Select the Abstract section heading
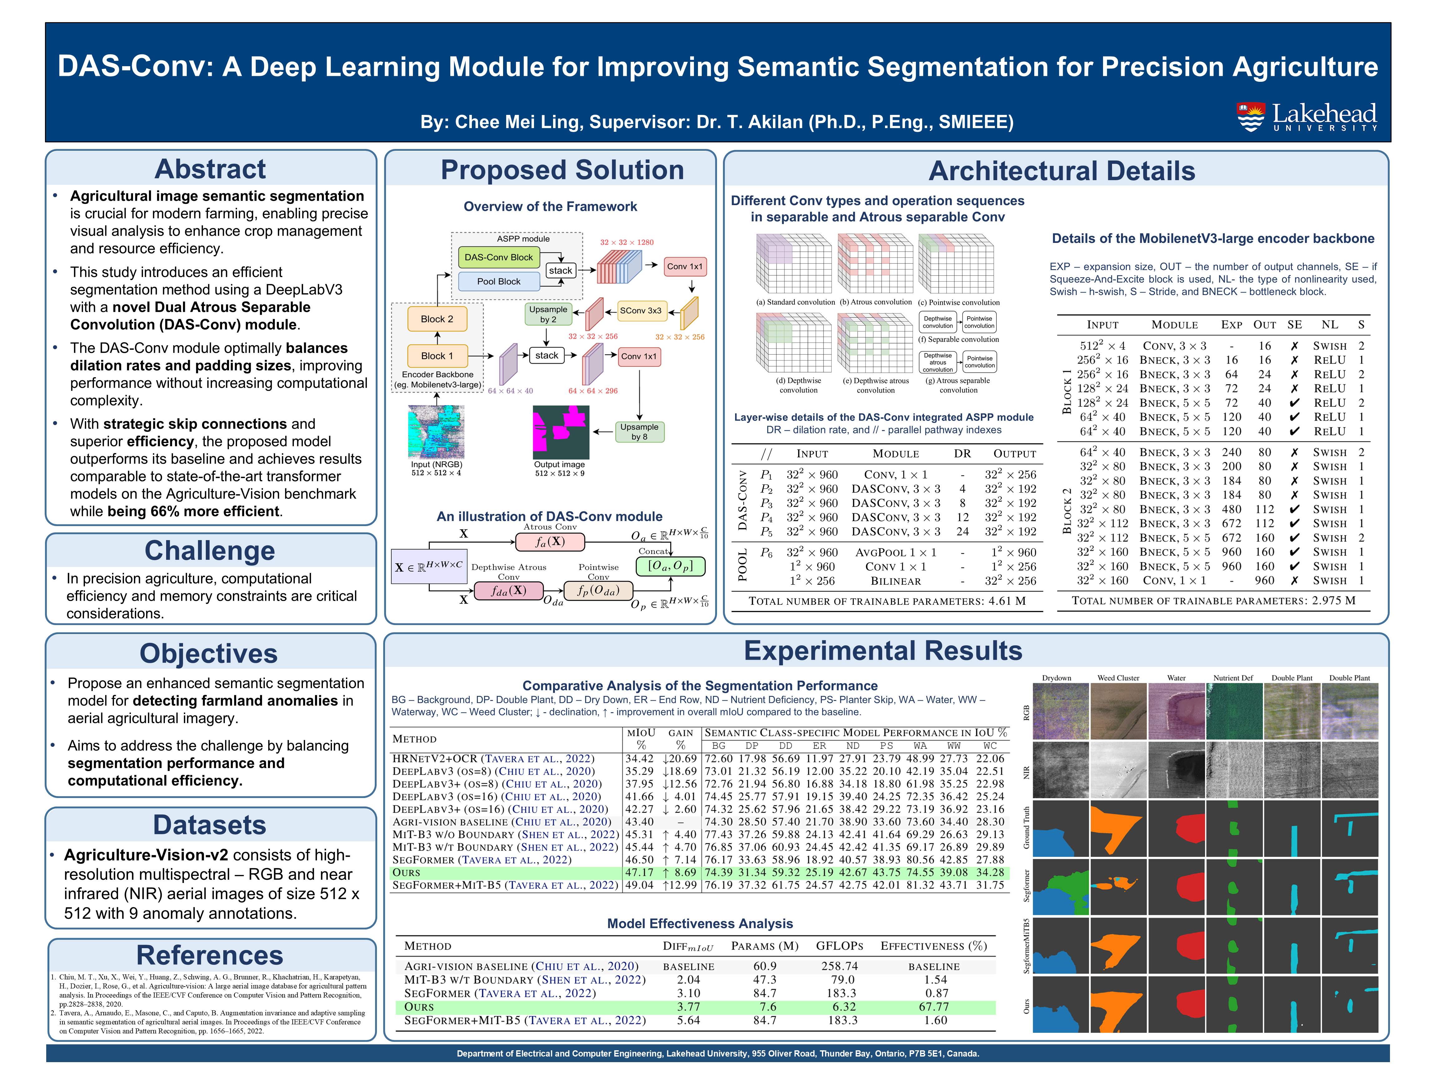pos(210,169)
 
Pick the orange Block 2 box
pos(437,319)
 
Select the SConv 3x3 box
pos(640,311)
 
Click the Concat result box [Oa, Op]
pos(671,566)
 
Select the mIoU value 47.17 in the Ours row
pos(639,872)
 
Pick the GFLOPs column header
pos(839,946)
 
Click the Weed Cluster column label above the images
pos(1118,678)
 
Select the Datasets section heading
pos(210,825)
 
